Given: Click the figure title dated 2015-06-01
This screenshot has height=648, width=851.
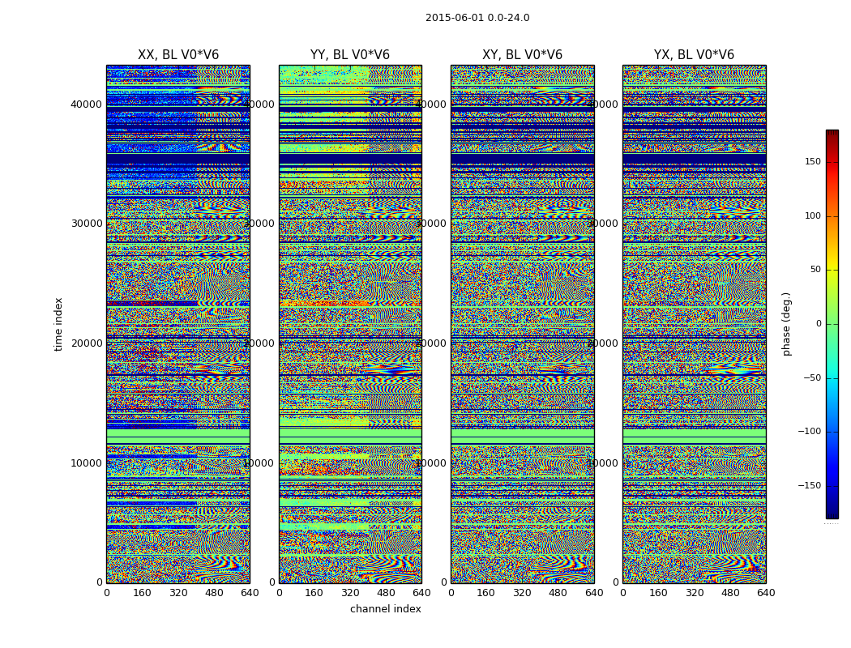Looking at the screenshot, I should pos(477,18).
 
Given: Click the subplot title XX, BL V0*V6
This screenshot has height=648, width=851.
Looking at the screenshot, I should pos(178,55).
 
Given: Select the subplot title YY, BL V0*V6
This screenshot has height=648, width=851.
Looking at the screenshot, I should pos(350,55).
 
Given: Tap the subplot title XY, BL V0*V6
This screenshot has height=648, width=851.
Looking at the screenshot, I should pos(522,55).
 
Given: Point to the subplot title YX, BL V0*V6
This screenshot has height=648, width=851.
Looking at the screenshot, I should pos(694,55).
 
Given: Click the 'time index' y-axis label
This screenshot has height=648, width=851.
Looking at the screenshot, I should pos(58,324).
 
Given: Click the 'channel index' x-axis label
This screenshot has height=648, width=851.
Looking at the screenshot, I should pos(386,609).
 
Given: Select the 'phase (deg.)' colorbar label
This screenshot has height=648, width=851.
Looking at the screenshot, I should pos(786,324).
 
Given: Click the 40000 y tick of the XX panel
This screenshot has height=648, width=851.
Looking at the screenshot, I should pos(86,104).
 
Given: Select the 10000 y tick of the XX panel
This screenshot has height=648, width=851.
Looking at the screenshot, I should pos(86,463).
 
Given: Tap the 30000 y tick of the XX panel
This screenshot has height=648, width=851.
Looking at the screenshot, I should pos(86,224).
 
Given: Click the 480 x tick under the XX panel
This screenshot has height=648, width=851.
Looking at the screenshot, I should pos(214,593).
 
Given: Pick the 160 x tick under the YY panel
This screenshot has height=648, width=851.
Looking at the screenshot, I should pos(314,593).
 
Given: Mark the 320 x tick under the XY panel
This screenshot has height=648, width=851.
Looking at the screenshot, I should pos(522,593).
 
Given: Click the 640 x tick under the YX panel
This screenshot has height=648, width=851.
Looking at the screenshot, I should pos(766,593).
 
